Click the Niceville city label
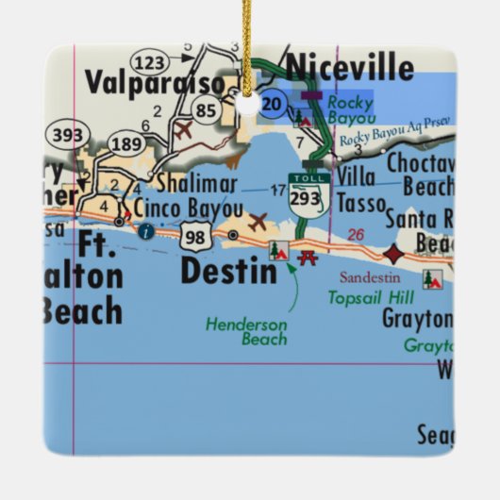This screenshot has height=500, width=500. point(350,68)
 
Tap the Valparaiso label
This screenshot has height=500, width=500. point(155,83)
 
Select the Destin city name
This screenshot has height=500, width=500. point(229,272)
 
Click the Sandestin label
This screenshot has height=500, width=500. point(369,277)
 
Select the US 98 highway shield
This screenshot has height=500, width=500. point(195,236)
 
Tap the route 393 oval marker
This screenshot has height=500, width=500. point(67,136)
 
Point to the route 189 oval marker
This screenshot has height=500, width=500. point(126,143)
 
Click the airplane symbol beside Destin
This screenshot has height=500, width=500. point(256,223)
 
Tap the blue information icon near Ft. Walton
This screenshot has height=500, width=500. point(144,229)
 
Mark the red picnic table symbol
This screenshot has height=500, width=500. point(306,257)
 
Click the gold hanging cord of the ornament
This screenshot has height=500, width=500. point(246,42)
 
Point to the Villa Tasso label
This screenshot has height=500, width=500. point(363,190)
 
